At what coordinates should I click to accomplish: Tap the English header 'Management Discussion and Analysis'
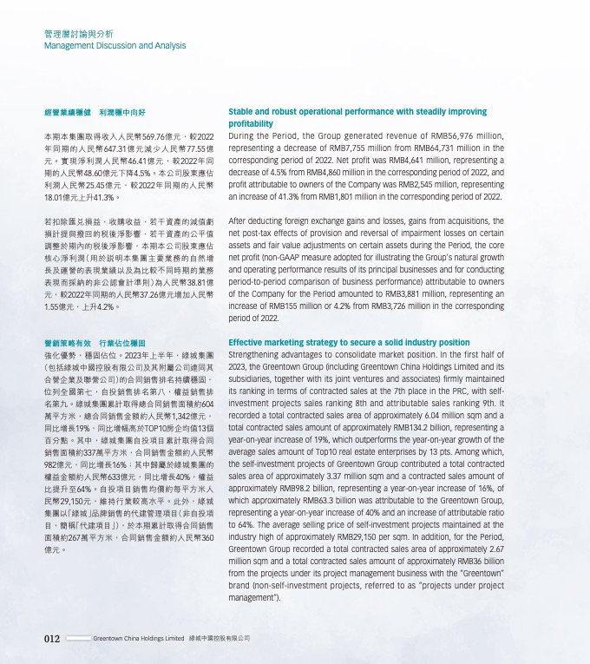(x=115, y=45)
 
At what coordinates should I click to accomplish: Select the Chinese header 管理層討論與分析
(x=78, y=33)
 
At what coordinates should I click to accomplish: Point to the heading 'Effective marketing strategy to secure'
(x=349, y=343)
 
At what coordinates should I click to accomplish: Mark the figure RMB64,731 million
(x=441, y=148)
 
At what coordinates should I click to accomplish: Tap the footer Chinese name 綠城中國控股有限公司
(x=220, y=638)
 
